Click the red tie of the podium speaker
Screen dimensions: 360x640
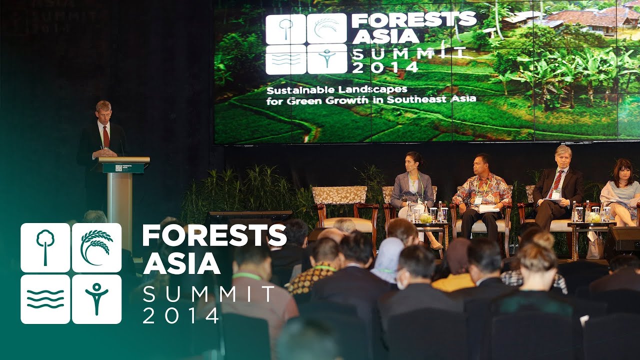tap(105, 137)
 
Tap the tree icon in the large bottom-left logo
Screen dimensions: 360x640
tap(45, 247)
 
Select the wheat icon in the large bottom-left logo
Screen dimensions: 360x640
tap(96, 247)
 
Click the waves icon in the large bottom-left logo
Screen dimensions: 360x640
tap(45, 299)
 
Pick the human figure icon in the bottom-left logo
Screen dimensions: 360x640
tap(96, 299)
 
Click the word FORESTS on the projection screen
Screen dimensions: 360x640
tap(414, 20)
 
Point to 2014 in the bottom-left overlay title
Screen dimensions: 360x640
tap(181, 315)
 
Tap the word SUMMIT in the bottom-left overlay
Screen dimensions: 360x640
tap(208, 294)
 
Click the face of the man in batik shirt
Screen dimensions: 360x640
tap(482, 164)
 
